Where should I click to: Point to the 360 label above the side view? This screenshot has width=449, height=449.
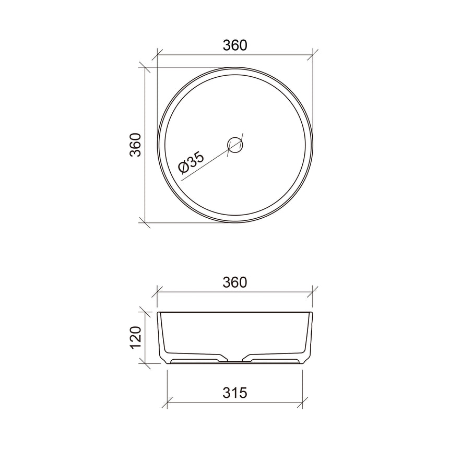(234, 282)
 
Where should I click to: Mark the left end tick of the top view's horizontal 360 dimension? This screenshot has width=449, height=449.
(158, 54)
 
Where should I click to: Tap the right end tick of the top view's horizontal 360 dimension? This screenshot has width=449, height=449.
(313, 54)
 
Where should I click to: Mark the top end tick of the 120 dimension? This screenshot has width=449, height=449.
(145, 312)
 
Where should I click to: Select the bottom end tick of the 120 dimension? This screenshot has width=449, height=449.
(145, 363)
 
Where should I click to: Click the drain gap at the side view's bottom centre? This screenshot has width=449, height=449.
(235, 360)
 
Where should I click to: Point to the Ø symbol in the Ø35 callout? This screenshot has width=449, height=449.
(183, 168)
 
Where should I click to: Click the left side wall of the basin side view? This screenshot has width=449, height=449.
(161, 334)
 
